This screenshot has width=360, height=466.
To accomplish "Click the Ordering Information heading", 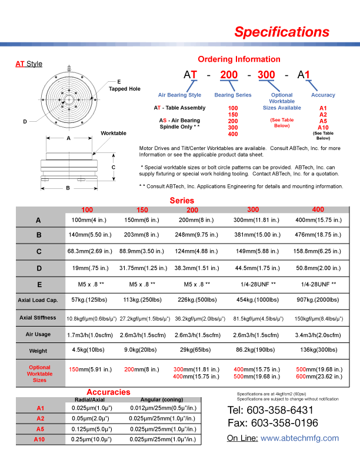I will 239,59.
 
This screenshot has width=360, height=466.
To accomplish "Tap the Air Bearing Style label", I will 179,95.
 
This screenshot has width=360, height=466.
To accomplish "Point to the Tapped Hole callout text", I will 125,89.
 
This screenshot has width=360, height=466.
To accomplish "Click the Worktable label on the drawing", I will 114,134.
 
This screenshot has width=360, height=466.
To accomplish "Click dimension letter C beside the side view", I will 113,167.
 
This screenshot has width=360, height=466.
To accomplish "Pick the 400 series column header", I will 318,209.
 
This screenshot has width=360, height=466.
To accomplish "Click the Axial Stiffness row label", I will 38,318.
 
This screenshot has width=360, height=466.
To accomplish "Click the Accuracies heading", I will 108,392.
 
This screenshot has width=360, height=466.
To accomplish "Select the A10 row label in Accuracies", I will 39,440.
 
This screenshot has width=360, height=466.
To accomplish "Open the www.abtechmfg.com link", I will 299,438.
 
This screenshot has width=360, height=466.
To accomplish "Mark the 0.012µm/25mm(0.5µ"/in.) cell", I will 158,408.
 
